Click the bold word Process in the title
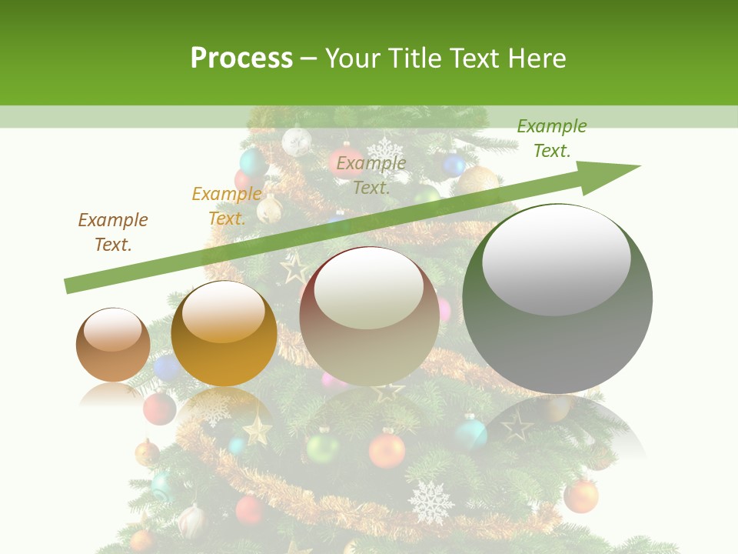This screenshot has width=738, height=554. click(x=241, y=58)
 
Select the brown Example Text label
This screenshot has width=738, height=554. click(x=113, y=232)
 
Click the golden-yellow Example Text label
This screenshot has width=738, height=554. click(x=227, y=206)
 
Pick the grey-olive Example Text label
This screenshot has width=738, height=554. click(x=371, y=175)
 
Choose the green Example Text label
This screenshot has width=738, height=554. click(x=552, y=138)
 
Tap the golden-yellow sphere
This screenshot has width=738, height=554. click(x=224, y=334)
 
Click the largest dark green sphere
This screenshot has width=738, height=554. click(x=557, y=299)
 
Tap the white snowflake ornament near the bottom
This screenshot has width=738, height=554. click(x=430, y=502)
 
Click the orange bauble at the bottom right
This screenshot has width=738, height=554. click(x=580, y=496)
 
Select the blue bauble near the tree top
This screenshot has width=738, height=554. click(x=454, y=164)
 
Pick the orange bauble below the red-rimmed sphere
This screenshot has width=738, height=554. click(x=386, y=450)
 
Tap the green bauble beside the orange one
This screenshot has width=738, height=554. click(x=322, y=446)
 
